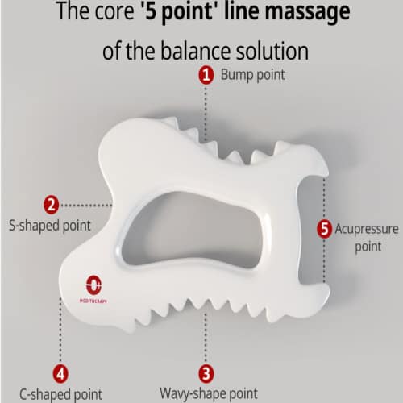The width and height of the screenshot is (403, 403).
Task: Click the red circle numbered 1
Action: point(206,75)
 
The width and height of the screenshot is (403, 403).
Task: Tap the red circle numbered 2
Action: point(51,205)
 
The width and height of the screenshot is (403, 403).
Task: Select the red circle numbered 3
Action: point(206,374)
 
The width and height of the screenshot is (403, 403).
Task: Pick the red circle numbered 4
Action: point(60,374)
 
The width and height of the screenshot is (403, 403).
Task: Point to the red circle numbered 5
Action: point(324,229)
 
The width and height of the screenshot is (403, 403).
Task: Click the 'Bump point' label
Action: point(252,75)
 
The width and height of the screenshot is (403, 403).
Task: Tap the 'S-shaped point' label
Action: point(50,226)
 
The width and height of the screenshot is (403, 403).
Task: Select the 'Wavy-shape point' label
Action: point(209,394)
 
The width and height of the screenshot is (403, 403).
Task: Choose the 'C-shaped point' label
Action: point(61,395)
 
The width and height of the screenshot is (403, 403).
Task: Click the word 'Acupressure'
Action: point(367,230)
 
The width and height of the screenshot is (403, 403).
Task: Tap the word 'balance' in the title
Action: point(196,51)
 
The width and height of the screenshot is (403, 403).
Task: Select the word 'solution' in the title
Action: point(272,51)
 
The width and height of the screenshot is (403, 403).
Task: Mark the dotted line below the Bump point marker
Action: point(206,114)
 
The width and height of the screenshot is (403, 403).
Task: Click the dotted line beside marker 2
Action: point(87,206)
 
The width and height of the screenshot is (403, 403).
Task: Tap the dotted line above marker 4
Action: point(60,330)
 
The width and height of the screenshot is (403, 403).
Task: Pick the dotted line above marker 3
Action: point(206,338)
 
